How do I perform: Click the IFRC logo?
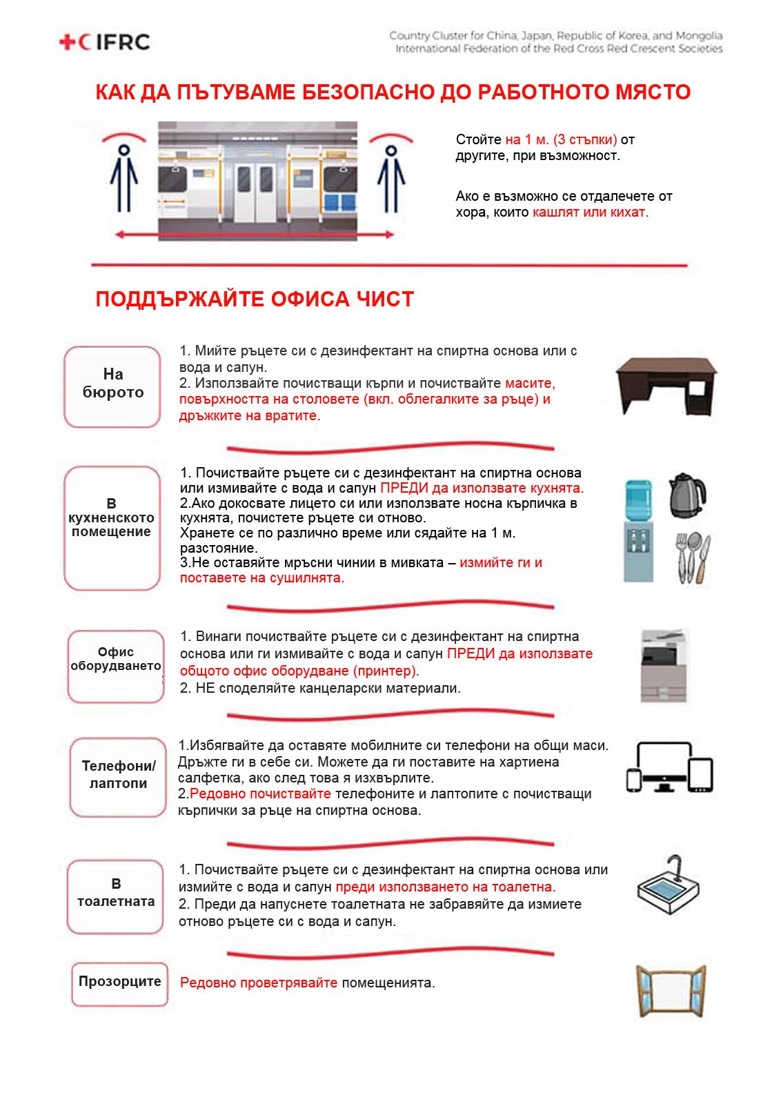click(x=105, y=42)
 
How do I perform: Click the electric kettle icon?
click(x=686, y=495)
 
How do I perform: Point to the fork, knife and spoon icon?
click(x=693, y=558)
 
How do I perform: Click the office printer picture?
click(x=664, y=666)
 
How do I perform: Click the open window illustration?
click(x=671, y=991)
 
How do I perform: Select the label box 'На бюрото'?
click(x=112, y=386)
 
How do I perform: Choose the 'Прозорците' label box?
click(x=120, y=984)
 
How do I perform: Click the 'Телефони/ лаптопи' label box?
click(x=118, y=777)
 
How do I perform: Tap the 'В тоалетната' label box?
click(x=115, y=896)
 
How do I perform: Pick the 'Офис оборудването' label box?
click(x=116, y=666)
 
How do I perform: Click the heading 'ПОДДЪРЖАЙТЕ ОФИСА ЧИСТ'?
click(x=255, y=299)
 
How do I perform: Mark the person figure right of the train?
click(x=390, y=179)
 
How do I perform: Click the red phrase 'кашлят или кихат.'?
click(x=590, y=213)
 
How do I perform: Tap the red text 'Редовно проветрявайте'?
click(x=259, y=983)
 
